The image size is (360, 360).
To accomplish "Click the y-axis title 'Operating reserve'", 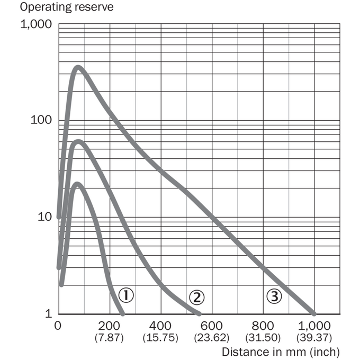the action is [x=67, y=7].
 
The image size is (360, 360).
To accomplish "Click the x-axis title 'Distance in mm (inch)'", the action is [x=281, y=352].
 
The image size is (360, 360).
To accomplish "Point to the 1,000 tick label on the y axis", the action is [x=37, y=24].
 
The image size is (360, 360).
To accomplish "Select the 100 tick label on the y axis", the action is [x=41, y=120].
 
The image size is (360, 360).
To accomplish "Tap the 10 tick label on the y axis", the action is [x=45, y=217].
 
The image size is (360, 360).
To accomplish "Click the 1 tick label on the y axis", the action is [x=49, y=313].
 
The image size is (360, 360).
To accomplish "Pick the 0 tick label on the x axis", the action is [x=58, y=326].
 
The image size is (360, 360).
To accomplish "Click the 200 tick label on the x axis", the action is [x=109, y=326].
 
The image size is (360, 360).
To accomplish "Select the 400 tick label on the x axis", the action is [x=160, y=326].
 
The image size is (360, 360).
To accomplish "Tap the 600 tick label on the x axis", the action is [x=211, y=326].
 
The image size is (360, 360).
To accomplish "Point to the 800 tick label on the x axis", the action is [x=263, y=326].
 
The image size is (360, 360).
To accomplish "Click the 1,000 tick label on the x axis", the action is [x=314, y=326].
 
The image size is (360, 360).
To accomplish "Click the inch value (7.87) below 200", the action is [x=109, y=338].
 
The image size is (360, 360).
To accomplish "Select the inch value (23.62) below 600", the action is [x=211, y=338].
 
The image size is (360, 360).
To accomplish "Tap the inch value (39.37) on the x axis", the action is [x=314, y=338].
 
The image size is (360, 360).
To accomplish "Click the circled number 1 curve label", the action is [x=126, y=295].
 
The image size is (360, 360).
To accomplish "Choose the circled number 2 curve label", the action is [x=196, y=298].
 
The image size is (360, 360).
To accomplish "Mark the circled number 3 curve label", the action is [x=274, y=296].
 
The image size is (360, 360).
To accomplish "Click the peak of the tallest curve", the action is [x=78, y=67].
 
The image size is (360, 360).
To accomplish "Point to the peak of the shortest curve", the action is [x=77, y=184].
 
